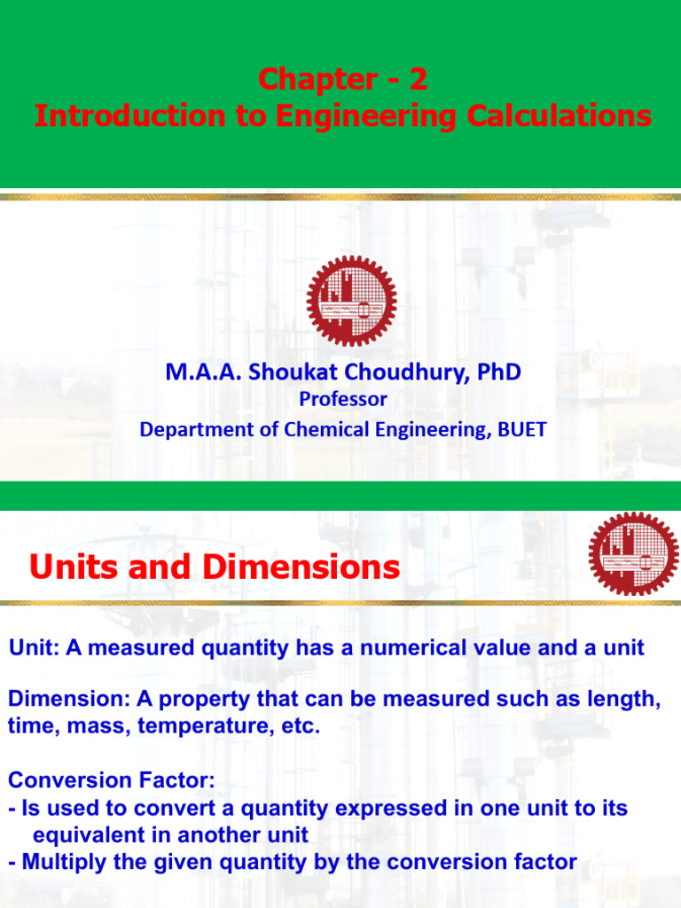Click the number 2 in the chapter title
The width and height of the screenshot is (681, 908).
pyautogui.click(x=418, y=81)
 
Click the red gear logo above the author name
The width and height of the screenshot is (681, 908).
pyautogui.click(x=352, y=301)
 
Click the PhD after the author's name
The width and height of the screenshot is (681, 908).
pyautogui.click(x=500, y=373)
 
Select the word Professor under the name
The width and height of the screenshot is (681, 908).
pyautogui.click(x=343, y=400)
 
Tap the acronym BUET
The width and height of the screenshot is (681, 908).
pyautogui.click(x=521, y=430)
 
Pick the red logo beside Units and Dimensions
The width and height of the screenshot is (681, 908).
pyautogui.click(x=633, y=554)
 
